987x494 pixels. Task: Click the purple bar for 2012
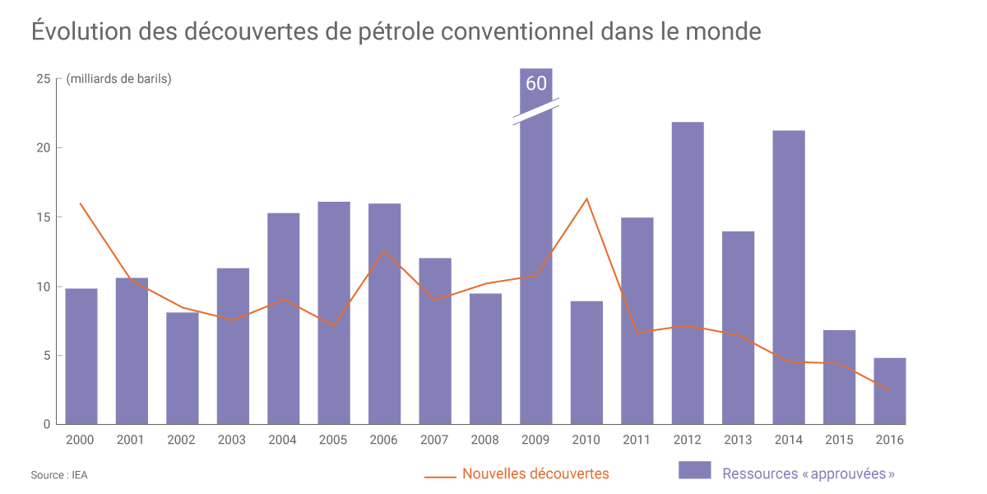[688, 272]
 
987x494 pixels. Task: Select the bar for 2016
[890, 391]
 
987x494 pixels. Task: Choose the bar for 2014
[789, 277]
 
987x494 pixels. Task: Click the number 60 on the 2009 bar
[535, 83]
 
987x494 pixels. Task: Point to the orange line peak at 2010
[587, 198]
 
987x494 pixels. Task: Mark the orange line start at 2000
[81, 203]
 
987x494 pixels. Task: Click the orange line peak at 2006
[384, 250]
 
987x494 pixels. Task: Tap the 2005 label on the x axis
[333, 440]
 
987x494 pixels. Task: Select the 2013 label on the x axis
[739, 440]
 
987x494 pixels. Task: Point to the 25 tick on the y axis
[43, 79]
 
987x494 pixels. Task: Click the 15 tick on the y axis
[43, 217]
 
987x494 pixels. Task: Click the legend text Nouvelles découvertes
[535, 473]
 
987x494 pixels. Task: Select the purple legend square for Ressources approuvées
[694, 470]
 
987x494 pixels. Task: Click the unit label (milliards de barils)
[118, 79]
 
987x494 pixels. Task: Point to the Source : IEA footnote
[59, 475]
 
